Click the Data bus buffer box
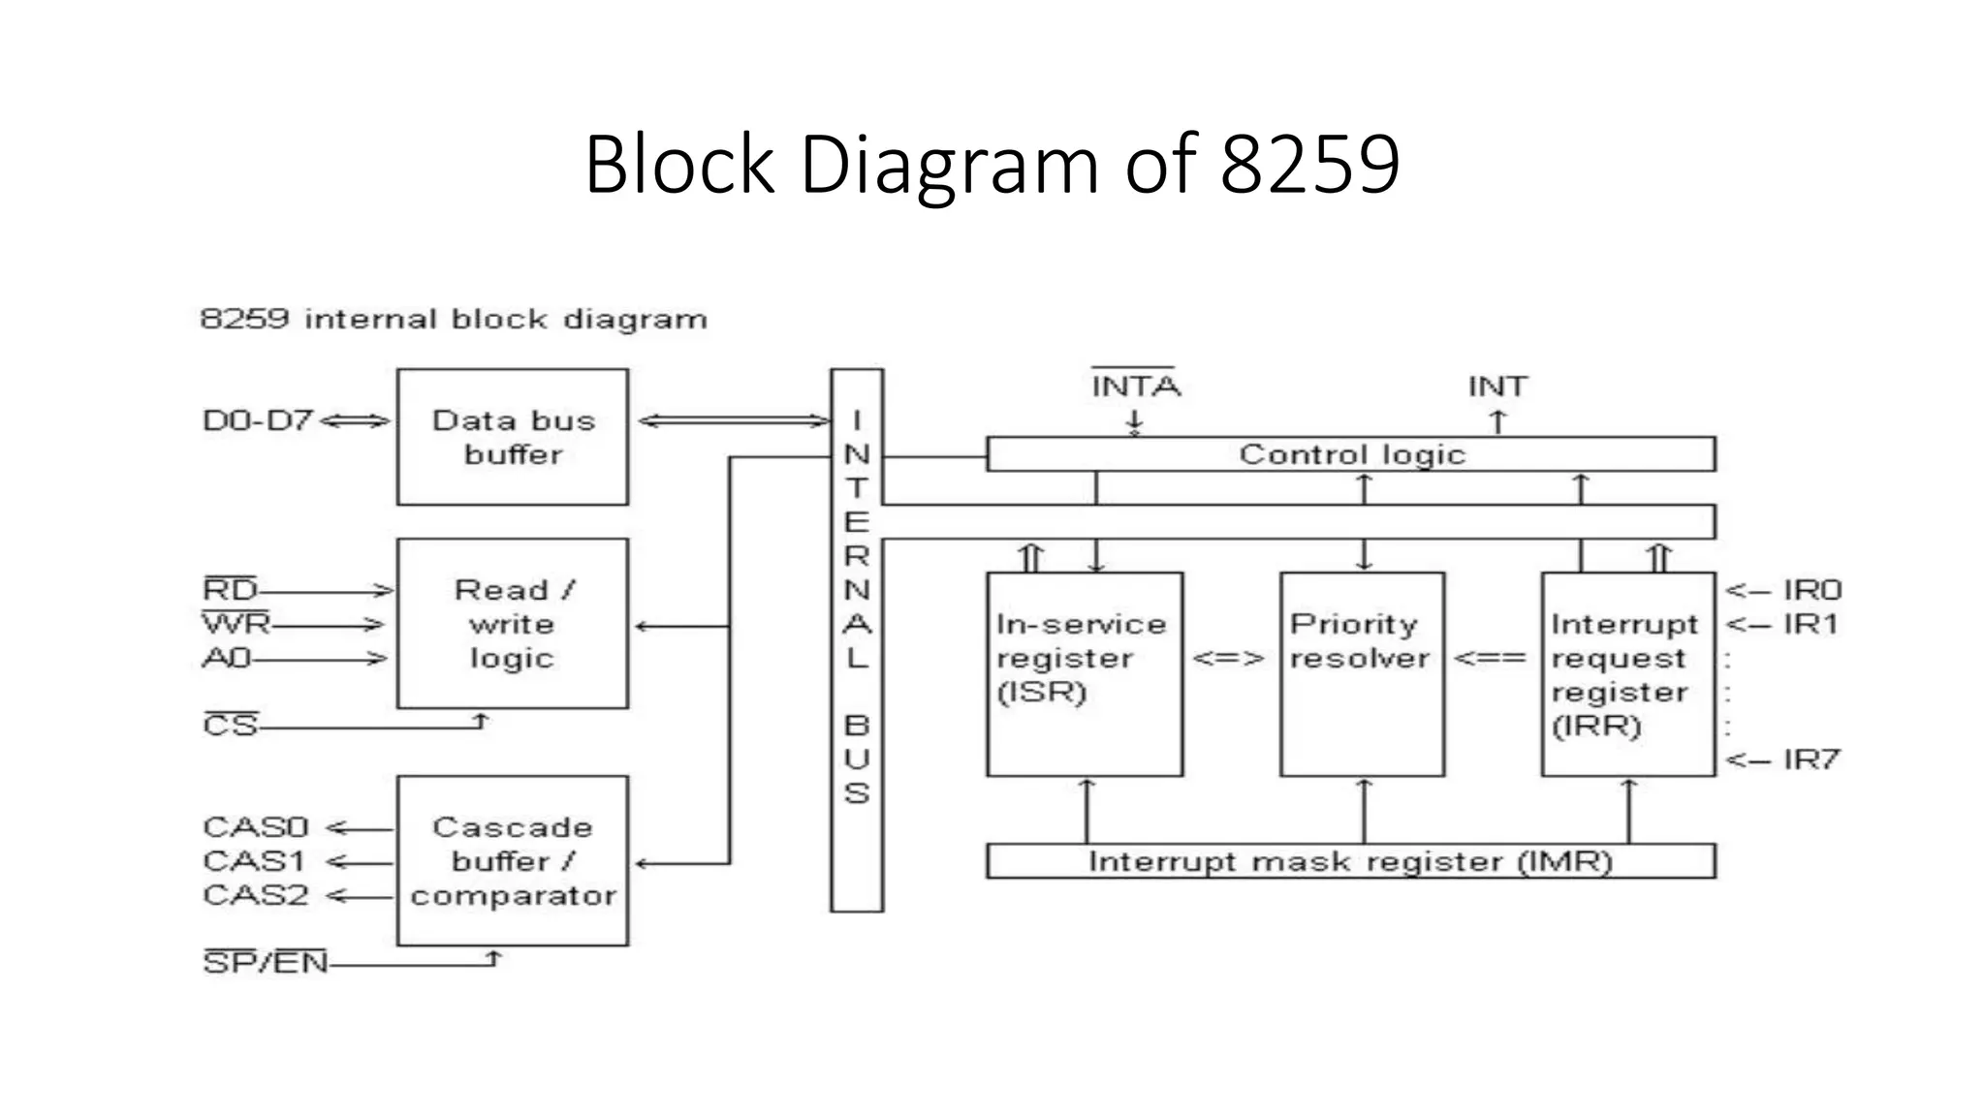(x=513, y=437)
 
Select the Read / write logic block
(x=513, y=624)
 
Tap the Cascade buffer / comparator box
(x=513, y=860)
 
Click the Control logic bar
(x=1351, y=454)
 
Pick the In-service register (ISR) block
(x=1085, y=674)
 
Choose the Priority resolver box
(x=1362, y=674)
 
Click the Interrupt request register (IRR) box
(x=1628, y=674)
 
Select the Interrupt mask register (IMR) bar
(x=1351, y=861)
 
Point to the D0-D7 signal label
(x=258, y=420)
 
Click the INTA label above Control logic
(x=1135, y=387)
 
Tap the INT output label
(x=1497, y=387)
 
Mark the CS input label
(x=231, y=726)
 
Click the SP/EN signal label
(x=266, y=963)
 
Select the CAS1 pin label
(x=255, y=861)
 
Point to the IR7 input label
(x=1811, y=759)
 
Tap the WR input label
(x=236, y=624)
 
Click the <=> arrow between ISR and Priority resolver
(x=1229, y=659)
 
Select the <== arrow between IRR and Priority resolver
(x=1491, y=659)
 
